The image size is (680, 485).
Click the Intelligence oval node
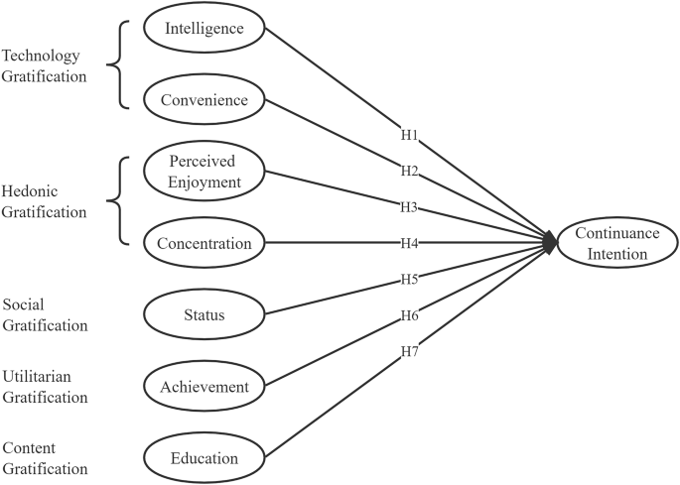point(204,29)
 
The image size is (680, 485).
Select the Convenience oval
point(204,99)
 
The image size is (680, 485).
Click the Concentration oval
point(204,242)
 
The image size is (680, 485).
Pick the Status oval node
point(204,315)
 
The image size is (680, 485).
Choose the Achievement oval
point(204,386)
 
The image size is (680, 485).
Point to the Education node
point(204,458)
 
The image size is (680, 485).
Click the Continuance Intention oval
point(615,244)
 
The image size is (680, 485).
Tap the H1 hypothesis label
point(407,134)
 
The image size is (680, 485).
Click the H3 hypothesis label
point(407,208)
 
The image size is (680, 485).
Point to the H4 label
point(407,243)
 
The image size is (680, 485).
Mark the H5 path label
point(407,279)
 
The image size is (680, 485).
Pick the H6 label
point(407,314)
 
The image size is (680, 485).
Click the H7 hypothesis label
point(407,351)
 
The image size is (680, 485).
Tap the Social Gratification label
point(45,314)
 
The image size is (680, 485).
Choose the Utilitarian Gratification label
point(45,387)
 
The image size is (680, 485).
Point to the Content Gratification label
point(45,458)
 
